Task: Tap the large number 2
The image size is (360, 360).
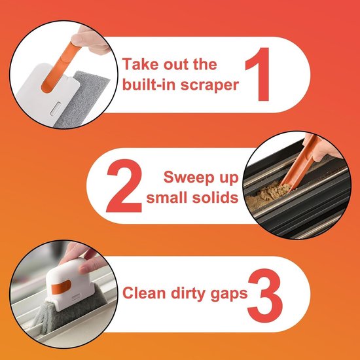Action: point(124,185)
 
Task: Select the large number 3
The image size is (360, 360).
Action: point(265,295)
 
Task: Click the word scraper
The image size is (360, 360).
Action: point(209,85)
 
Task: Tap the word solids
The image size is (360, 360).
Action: point(215,198)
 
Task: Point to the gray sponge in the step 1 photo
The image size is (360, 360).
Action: point(82,99)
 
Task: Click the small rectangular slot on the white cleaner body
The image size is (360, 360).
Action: point(56,109)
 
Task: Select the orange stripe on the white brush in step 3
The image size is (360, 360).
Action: point(61,287)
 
